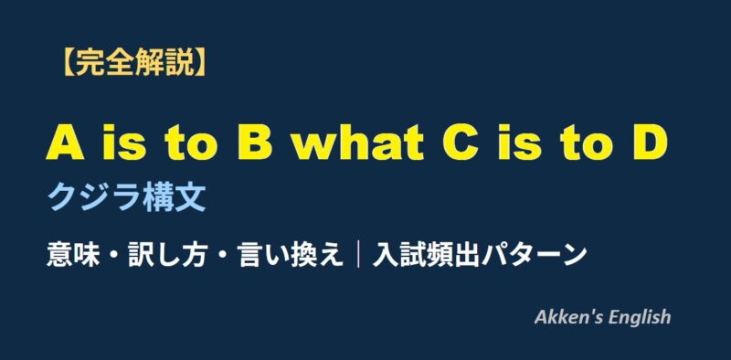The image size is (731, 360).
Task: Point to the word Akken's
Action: (567, 317)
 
